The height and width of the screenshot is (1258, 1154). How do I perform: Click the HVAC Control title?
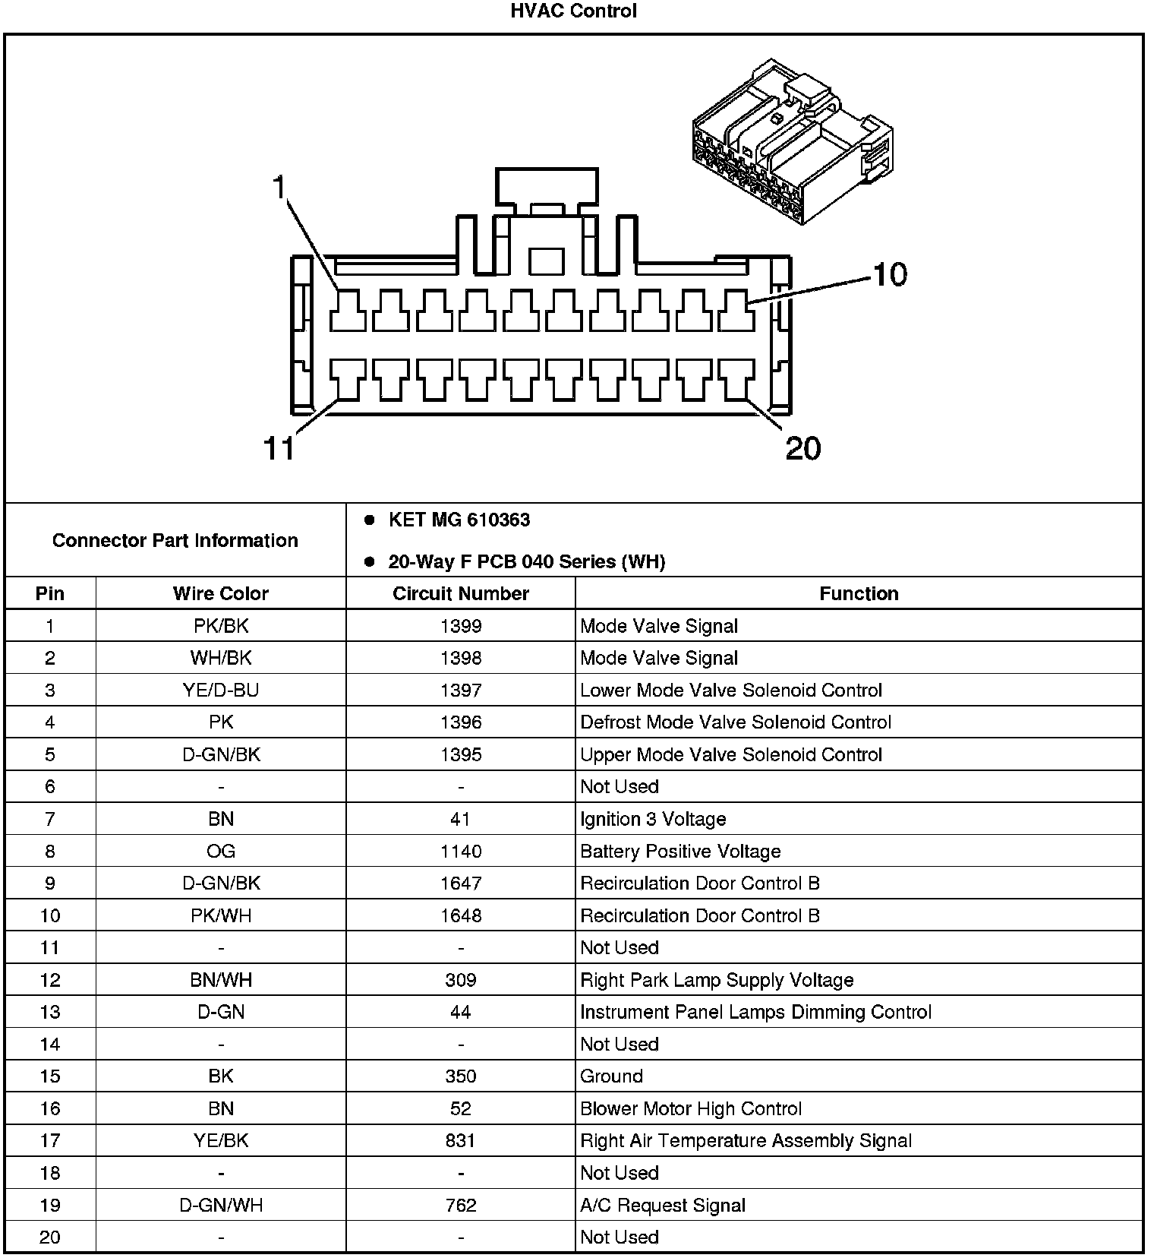[574, 11]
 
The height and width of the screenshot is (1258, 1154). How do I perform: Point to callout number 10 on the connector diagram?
[890, 274]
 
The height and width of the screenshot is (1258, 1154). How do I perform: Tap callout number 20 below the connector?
[803, 448]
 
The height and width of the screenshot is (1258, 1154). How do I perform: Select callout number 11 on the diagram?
[279, 448]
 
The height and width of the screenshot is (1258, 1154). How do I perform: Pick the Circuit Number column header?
[460, 593]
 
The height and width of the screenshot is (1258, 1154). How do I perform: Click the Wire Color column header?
[220, 593]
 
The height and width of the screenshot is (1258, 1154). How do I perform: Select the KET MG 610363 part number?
[459, 520]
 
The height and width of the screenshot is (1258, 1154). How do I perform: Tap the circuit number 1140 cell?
[460, 851]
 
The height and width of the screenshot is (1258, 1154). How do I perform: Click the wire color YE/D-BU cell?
[220, 690]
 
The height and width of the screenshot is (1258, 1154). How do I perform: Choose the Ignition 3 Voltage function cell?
[653, 819]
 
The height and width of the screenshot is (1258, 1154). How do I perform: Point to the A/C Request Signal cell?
[663, 1205]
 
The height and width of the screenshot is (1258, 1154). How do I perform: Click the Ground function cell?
[611, 1076]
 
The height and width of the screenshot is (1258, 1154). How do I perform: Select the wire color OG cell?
[220, 851]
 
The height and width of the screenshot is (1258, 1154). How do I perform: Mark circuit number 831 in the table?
[460, 1140]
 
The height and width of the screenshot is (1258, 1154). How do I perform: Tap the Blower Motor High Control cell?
[691, 1108]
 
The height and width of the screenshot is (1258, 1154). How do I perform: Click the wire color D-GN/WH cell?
[220, 1205]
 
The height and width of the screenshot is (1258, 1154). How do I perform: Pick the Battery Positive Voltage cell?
[680, 851]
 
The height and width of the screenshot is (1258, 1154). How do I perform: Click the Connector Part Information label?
[175, 540]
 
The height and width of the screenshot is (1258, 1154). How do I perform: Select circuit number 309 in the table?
[460, 980]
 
